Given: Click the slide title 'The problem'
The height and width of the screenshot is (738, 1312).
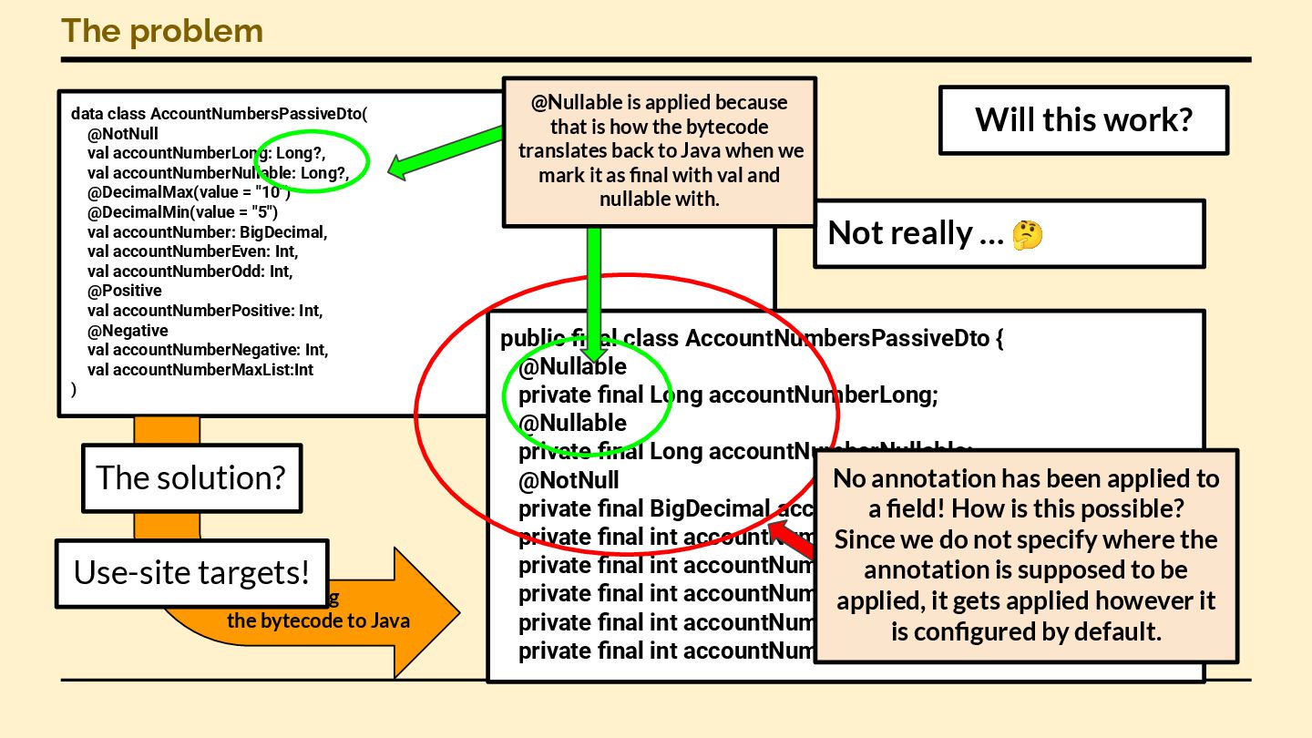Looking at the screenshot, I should [x=162, y=31].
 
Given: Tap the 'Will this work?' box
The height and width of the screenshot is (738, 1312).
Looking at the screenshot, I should [x=1083, y=119].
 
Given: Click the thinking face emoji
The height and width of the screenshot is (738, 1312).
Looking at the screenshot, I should [x=1028, y=235].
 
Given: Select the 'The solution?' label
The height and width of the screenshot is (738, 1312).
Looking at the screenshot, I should [x=190, y=477].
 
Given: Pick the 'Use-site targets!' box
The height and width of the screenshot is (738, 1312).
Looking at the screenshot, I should [x=191, y=572].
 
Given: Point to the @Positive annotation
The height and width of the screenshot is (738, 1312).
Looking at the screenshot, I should [x=125, y=291].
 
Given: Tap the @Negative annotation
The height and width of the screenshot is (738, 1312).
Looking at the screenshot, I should [x=128, y=331].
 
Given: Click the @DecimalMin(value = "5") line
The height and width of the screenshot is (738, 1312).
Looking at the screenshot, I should [x=189, y=212].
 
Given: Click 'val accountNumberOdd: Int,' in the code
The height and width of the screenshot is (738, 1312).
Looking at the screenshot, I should [x=190, y=272].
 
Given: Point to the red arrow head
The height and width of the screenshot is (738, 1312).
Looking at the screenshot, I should [x=779, y=529].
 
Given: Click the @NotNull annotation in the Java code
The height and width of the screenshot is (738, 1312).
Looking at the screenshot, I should [x=569, y=480].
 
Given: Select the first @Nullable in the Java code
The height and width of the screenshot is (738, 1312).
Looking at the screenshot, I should [x=572, y=366].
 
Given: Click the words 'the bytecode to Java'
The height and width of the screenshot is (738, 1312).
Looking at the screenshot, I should [x=318, y=621].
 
